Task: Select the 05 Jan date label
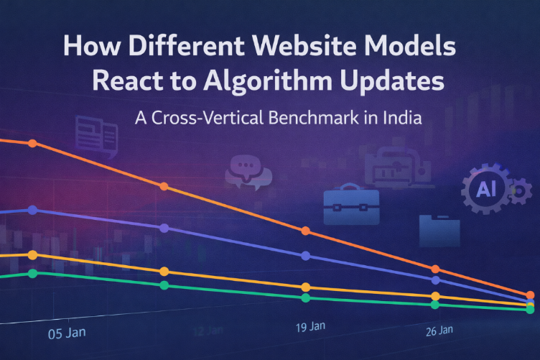(x=65, y=333)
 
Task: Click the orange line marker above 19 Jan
(x=306, y=231)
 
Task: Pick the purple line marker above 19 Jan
(x=306, y=256)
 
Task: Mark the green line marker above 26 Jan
(x=434, y=305)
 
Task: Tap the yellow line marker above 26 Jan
(x=434, y=296)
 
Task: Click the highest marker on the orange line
(x=32, y=143)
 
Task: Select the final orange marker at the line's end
(x=530, y=295)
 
